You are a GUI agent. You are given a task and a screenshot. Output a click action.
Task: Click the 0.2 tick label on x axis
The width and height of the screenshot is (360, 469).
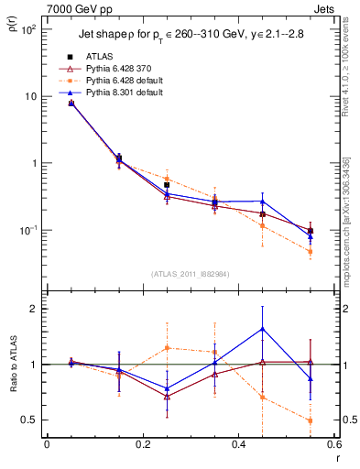(142, 445)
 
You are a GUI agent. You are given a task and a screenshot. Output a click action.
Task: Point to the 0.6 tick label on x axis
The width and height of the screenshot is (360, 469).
(333, 445)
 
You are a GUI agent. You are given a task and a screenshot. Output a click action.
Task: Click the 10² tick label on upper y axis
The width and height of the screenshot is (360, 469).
(27, 30)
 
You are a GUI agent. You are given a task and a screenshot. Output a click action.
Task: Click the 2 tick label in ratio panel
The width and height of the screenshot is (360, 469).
(33, 309)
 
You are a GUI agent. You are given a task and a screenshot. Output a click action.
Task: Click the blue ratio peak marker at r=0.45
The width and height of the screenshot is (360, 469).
(263, 328)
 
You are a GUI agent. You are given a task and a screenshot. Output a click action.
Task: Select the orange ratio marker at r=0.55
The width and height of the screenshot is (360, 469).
(311, 420)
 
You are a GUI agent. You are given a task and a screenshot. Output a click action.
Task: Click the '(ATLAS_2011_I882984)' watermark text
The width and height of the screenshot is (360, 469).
(191, 273)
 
